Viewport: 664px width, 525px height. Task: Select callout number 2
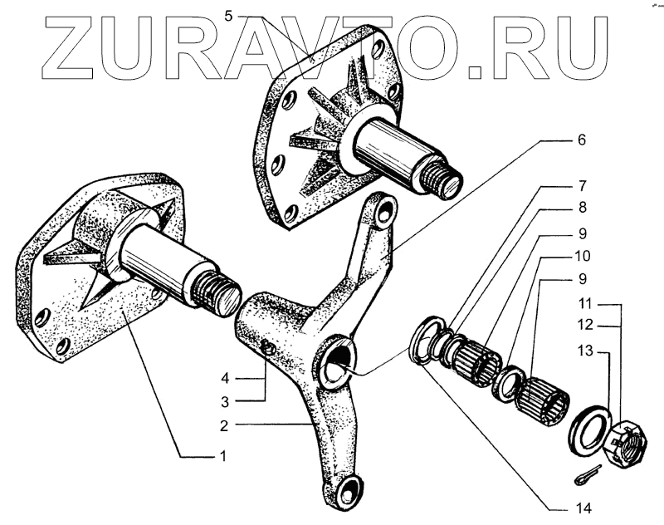coord(223,425)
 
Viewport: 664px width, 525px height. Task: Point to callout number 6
coord(581,140)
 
